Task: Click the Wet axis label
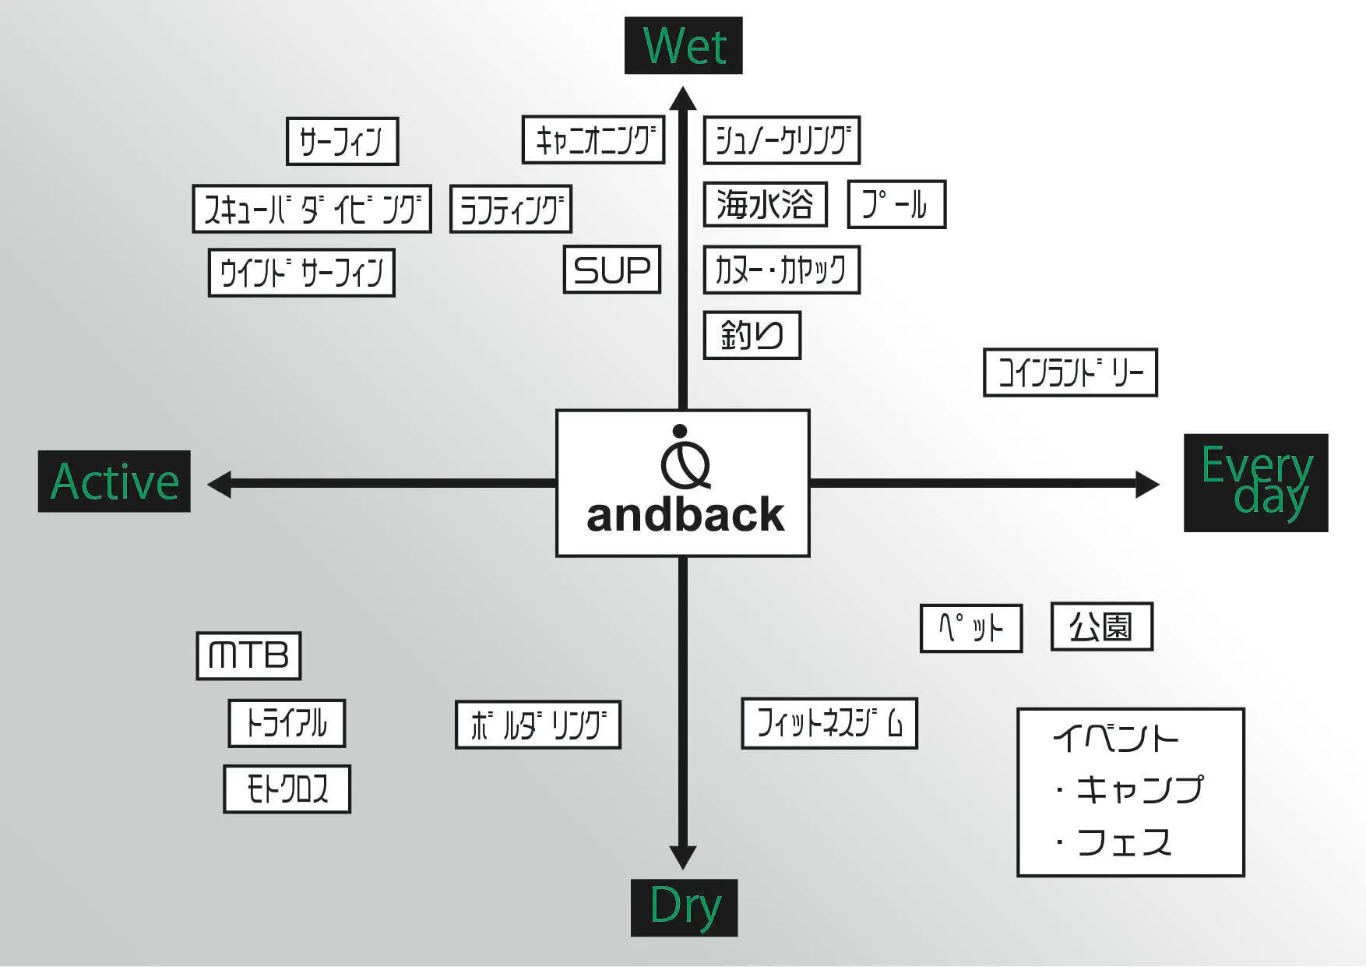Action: click(x=683, y=45)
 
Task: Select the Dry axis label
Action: click(x=684, y=907)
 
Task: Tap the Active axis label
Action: click(x=114, y=482)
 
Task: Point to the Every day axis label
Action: click(x=1255, y=483)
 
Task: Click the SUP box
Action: click(x=612, y=270)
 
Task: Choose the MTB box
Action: click(x=248, y=655)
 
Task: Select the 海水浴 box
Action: click(x=765, y=204)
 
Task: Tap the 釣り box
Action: click(x=752, y=335)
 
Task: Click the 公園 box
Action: click(x=1101, y=626)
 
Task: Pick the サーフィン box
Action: click(x=342, y=141)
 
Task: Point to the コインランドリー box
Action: click(x=1070, y=372)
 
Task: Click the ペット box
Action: click(x=970, y=628)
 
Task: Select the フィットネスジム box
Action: click(x=829, y=723)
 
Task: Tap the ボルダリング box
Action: click(x=537, y=725)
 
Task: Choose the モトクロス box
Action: click(x=287, y=789)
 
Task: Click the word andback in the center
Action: click(x=685, y=516)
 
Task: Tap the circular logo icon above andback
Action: click(x=685, y=460)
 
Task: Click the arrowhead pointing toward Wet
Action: click(x=683, y=98)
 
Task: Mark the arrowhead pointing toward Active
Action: click(x=220, y=484)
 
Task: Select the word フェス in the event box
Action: click(x=1124, y=842)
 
